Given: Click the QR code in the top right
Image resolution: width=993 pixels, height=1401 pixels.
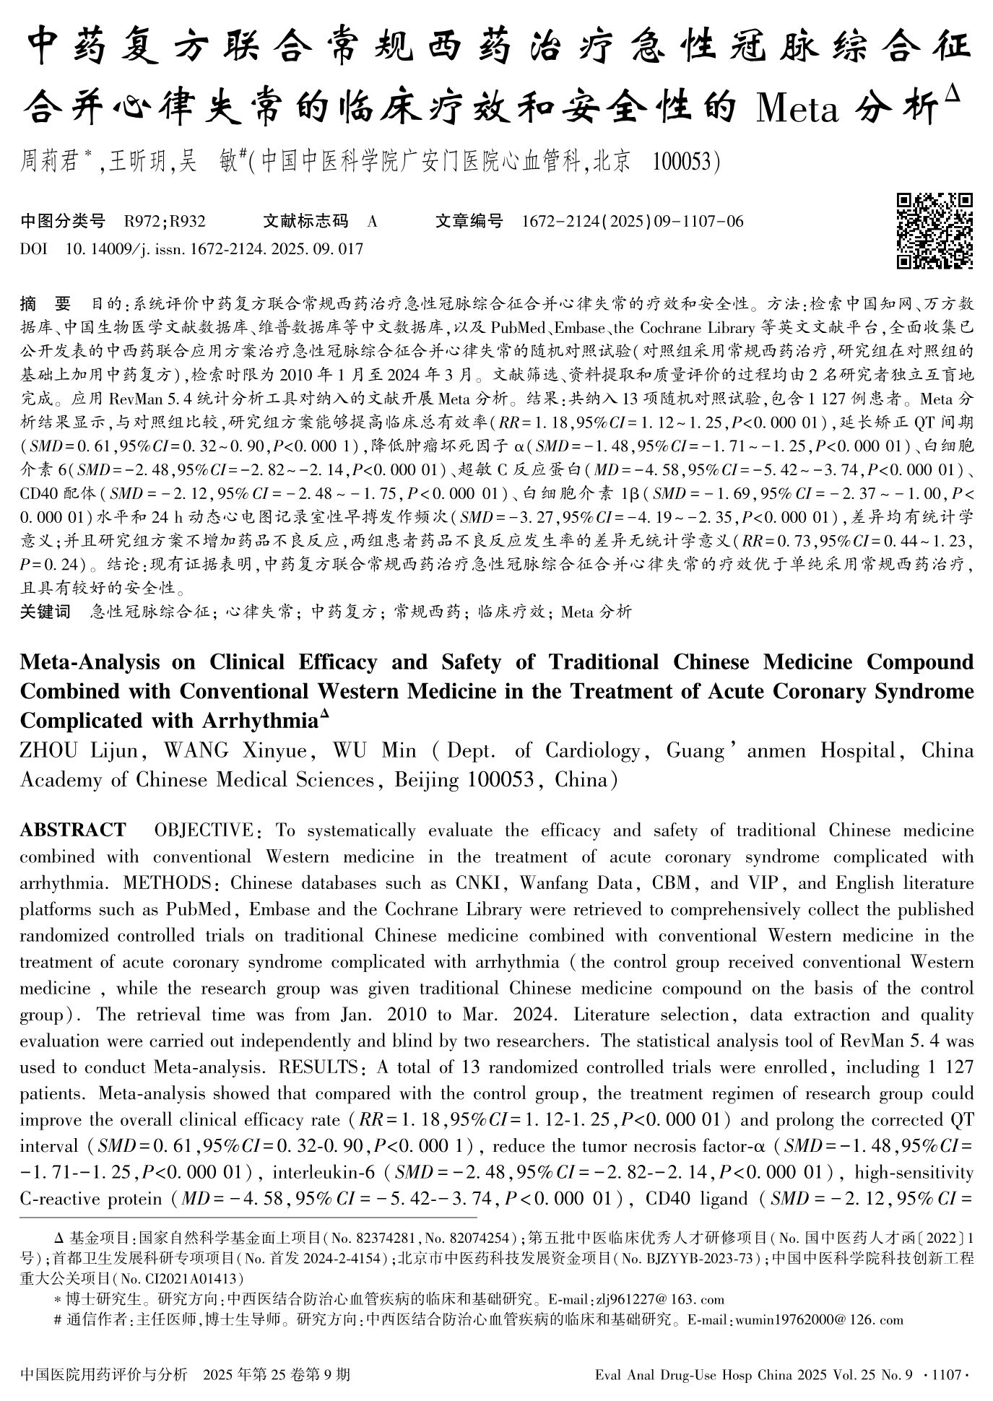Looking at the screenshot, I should coord(935,230).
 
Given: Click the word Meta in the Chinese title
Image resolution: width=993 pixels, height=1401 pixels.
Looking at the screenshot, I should coord(797,109).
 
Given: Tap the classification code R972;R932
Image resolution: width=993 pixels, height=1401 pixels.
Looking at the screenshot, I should coord(165,222).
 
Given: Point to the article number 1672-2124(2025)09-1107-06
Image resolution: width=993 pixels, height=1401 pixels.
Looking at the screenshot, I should coord(632,222).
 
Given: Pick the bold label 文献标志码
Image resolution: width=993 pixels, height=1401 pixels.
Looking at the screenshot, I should coord(305,222).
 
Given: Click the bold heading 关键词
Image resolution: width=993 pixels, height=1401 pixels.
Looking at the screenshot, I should coord(45,612).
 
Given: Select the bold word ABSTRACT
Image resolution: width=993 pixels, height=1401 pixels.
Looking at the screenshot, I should coord(73,830).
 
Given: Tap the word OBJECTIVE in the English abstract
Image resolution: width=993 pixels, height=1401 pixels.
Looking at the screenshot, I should coord(204,830).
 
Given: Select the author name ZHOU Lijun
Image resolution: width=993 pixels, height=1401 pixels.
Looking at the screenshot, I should coord(79,751).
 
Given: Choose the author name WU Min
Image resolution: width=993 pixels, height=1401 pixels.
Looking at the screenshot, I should coord(374,751).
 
